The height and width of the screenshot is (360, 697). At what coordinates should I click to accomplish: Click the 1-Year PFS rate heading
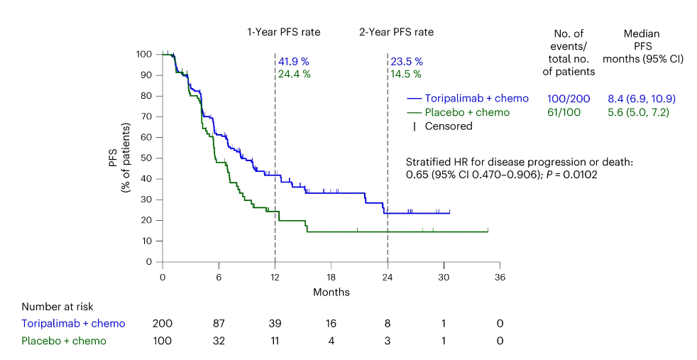coord(283,32)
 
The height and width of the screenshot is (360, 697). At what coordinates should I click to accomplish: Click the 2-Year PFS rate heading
coord(395,32)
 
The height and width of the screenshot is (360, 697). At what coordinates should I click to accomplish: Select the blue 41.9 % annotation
coord(293,62)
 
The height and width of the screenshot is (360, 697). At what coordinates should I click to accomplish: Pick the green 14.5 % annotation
coord(406,74)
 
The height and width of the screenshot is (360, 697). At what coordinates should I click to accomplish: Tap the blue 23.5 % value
coord(406,62)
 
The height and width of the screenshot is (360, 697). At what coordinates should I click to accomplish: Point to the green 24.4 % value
coord(293,74)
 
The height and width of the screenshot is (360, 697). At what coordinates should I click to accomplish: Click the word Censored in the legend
coord(449,126)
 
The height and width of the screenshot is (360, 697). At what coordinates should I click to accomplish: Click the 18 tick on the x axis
coord(331,277)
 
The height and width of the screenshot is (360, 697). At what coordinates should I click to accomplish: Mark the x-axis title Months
coord(331,292)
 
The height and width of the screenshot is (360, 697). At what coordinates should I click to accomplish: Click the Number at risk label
coord(57,307)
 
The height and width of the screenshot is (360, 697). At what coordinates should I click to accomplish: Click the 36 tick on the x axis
coord(500,277)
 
